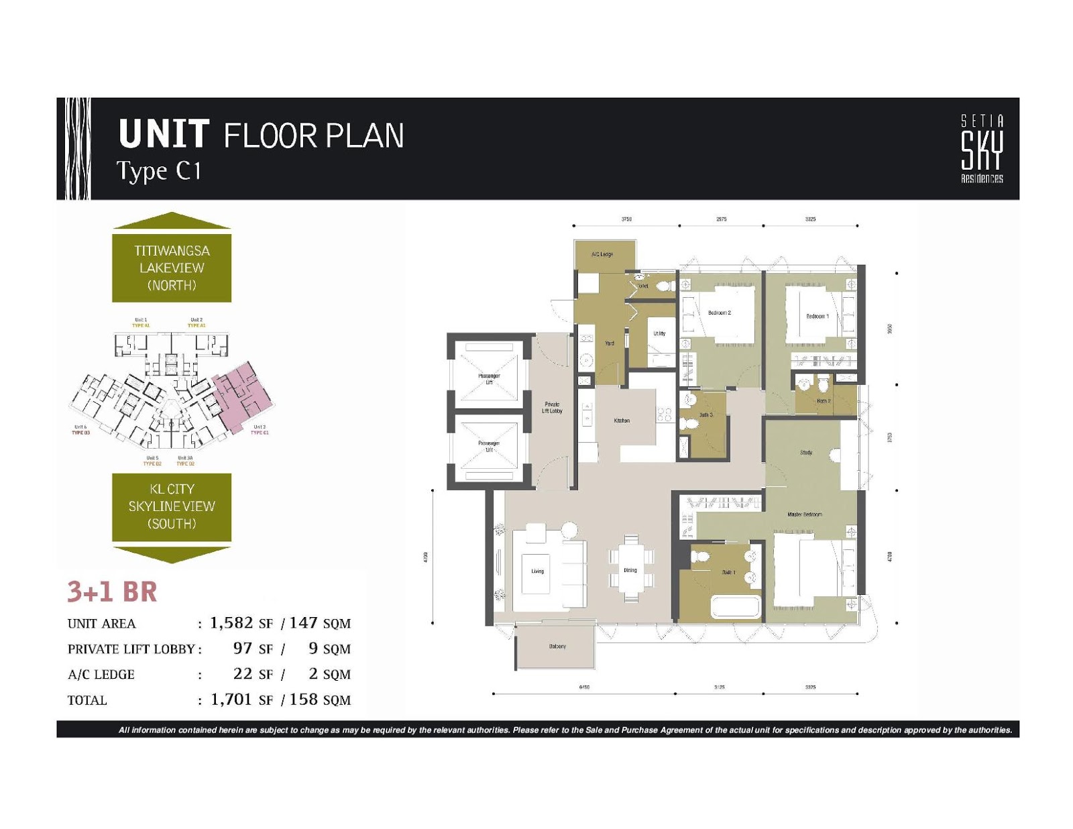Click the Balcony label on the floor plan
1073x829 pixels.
click(x=557, y=647)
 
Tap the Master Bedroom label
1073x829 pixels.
click(x=804, y=514)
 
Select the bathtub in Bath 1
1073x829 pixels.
click(x=736, y=607)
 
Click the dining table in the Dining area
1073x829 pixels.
click(x=630, y=570)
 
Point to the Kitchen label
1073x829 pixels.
click(x=622, y=421)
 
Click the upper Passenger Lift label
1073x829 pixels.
click(x=489, y=379)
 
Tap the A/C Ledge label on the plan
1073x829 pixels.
click(x=602, y=254)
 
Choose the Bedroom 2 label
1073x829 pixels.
click(x=719, y=313)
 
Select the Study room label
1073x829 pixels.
click(x=805, y=453)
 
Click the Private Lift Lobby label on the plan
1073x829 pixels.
click(x=552, y=408)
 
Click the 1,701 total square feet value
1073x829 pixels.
click(x=231, y=700)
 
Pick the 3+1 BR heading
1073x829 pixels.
click(x=112, y=592)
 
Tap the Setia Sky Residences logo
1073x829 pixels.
click(x=982, y=149)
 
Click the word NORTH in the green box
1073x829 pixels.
click(x=172, y=285)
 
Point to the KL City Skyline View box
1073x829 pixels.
click(x=172, y=506)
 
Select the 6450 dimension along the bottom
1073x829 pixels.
click(x=583, y=687)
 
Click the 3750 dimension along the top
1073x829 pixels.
click(x=626, y=219)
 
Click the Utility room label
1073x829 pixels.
click(x=659, y=333)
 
